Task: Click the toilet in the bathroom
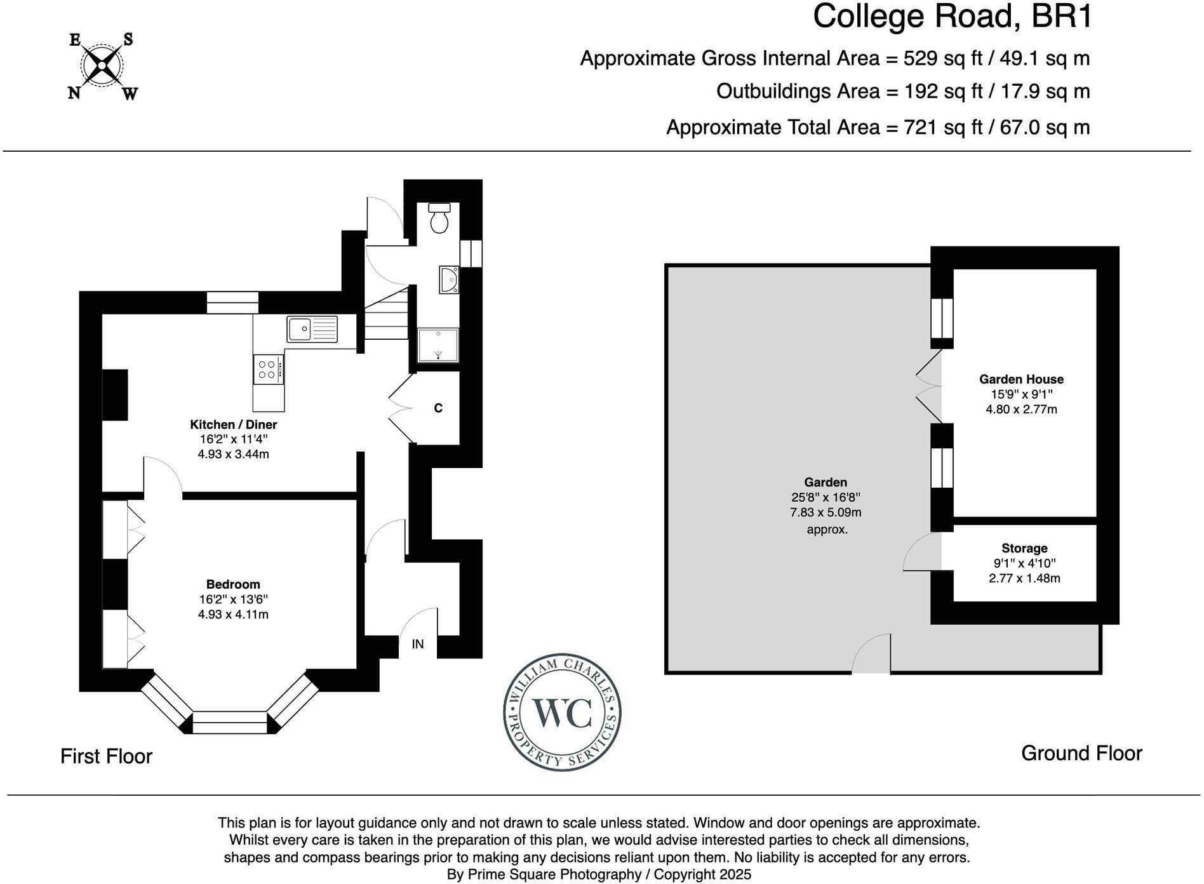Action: pyautogui.click(x=439, y=218)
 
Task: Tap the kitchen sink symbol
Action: pyautogui.click(x=312, y=329)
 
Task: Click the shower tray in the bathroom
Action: pyautogui.click(x=438, y=345)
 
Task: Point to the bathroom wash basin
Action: pyautogui.click(x=448, y=279)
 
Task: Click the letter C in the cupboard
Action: pyautogui.click(x=438, y=408)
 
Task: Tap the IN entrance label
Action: pyautogui.click(x=417, y=644)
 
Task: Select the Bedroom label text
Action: pyautogui.click(x=233, y=584)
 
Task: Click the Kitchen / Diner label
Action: pyautogui.click(x=233, y=424)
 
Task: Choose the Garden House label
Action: pyautogui.click(x=1020, y=379)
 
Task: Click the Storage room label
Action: pyautogui.click(x=1024, y=548)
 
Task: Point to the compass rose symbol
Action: pyautogui.click(x=102, y=66)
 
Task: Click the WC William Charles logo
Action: pyautogui.click(x=561, y=714)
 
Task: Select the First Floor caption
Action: pyautogui.click(x=106, y=756)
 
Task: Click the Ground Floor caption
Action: pyautogui.click(x=1081, y=753)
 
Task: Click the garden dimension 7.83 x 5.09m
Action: pyautogui.click(x=825, y=512)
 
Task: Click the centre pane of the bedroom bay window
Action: pyautogui.click(x=229, y=722)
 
